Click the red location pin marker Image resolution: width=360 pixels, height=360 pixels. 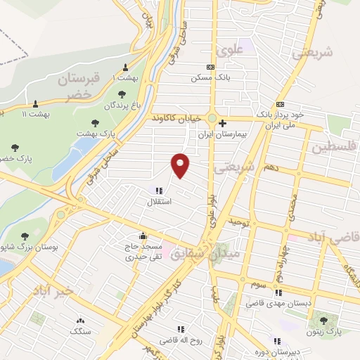(x=181, y=164)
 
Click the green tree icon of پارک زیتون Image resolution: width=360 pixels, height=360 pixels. (x=323, y=321)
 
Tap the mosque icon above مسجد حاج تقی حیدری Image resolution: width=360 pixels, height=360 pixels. (x=143, y=236)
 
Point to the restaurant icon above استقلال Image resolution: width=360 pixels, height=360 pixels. (x=157, y=191)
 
